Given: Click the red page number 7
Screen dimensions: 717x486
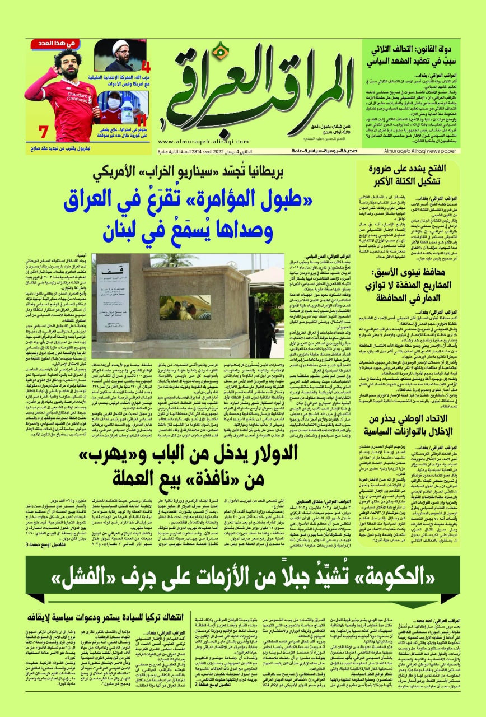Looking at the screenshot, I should [43, 133].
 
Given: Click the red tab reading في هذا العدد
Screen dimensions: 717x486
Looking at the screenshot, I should [49, 43].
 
